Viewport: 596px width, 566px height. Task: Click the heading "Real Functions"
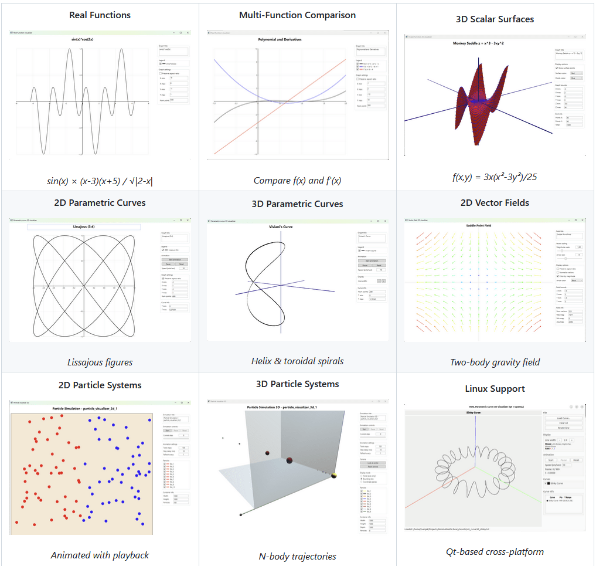pos(100,15)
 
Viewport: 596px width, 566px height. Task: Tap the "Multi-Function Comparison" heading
pos(297,15)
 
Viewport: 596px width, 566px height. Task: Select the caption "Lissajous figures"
pos(100,362)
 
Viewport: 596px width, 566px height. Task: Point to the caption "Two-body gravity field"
pos(495,362)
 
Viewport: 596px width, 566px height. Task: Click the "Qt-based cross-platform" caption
pos(495,551)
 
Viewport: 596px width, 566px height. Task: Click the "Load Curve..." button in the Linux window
pos(563,418)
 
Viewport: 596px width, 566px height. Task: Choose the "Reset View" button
pos(563,428)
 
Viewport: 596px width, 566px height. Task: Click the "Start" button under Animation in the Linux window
pos(550,460)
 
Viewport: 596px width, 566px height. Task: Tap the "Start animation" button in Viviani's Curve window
pos(371,259)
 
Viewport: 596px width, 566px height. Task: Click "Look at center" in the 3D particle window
pos(372,463)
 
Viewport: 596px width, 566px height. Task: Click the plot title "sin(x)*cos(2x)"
pos(84,39)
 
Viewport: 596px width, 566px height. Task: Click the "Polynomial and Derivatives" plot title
pos(280,39)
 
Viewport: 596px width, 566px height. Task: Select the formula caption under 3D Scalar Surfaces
pos(495,177)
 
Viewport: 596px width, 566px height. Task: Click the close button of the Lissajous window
pos(188,221)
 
